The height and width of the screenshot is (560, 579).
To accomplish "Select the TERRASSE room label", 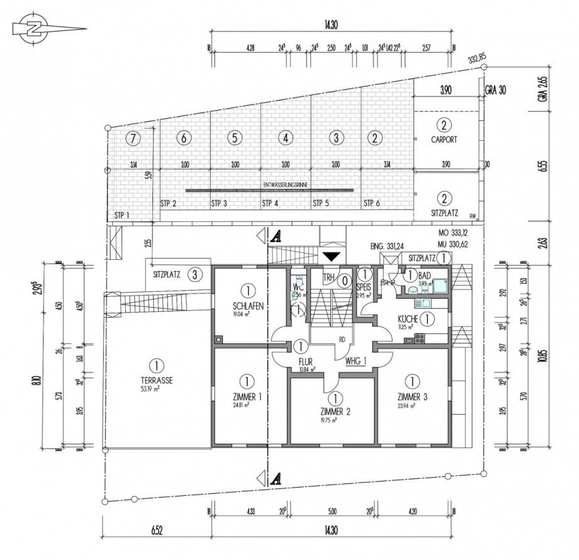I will click(153, 381).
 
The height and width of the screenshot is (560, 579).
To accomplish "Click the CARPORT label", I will click(444, 140).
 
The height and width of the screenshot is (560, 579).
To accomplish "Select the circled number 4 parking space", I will click(286, 137).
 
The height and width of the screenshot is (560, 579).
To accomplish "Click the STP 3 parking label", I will click(219, 203).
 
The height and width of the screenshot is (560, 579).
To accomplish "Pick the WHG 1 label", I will click(357, 362).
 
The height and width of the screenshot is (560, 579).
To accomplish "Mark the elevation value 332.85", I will click(477, 59).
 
